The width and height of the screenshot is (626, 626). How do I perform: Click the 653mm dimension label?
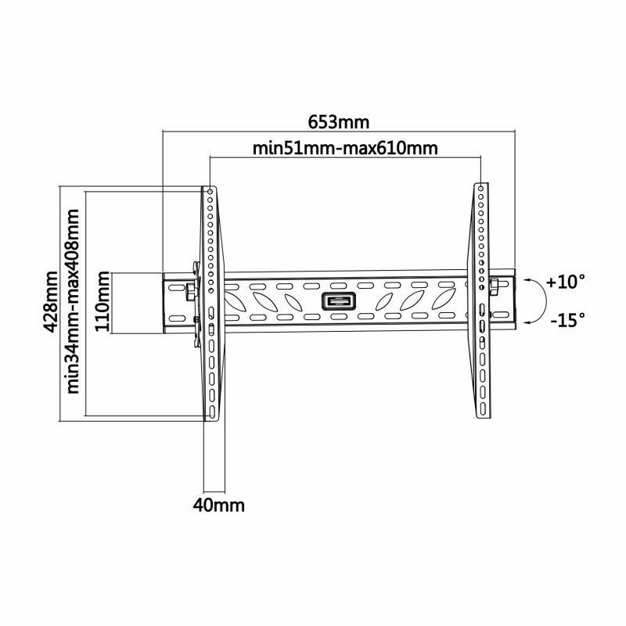[338, 123]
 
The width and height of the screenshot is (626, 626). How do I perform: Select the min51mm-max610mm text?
[344, 149]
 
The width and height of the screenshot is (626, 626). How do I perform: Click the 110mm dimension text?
[103, 303]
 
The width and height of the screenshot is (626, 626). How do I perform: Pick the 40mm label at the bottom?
[218, 505]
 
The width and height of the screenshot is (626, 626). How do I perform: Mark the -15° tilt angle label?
[567, 319]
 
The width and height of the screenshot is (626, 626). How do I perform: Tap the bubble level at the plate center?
[339, 300]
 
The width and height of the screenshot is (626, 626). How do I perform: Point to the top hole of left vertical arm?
[210, 192]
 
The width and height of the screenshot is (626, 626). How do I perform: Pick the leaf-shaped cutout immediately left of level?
[300, 302]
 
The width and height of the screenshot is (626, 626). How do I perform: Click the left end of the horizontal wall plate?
[164, 303]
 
